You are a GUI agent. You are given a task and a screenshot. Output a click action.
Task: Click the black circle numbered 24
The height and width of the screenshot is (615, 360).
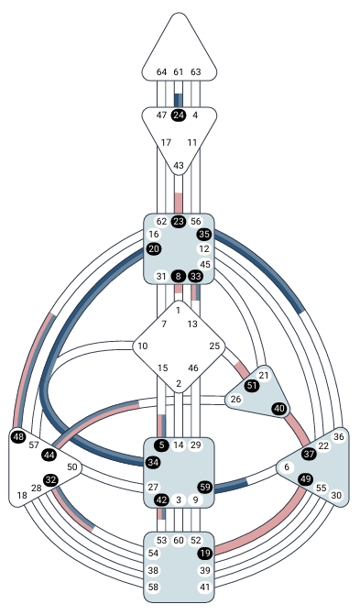(x=179, y=115)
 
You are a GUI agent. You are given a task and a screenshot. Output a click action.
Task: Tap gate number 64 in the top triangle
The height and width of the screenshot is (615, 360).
(x=162, y=71)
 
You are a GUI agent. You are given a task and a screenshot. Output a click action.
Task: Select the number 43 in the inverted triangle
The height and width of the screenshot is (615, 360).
(x=179, y=165)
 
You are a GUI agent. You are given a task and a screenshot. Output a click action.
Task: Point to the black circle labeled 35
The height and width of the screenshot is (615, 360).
(x=204, y=234)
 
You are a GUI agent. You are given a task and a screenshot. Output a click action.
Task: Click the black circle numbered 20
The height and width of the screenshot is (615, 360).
(x=153, y=248)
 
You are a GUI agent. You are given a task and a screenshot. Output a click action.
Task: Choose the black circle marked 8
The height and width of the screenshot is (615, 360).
(x=179, y=276)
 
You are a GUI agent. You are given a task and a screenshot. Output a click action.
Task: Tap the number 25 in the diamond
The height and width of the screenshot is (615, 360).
(x=215, y=346)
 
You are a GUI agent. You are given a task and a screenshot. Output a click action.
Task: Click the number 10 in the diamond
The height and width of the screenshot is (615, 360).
(x=142, y=346)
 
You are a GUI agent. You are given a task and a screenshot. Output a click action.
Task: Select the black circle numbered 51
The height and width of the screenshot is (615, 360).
(x=251, y=386)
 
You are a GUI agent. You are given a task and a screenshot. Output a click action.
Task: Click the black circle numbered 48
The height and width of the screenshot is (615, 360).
(x=18, y=437)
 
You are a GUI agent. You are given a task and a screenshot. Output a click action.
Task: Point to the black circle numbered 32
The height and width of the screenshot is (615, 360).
(x=51, y=479)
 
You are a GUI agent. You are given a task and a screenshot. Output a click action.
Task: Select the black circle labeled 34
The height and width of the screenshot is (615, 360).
(x=153, y=461)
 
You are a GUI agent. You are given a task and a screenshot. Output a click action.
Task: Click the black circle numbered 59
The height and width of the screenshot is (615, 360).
(x=205, y=487)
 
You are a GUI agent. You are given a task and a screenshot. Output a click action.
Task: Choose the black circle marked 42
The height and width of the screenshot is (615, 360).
(x=161, y=500)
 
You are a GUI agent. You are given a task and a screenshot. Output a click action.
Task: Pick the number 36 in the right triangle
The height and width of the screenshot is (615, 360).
(x=338, y=437)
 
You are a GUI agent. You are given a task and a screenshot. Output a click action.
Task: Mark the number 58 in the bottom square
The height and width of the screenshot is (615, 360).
(x=153, y=586)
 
